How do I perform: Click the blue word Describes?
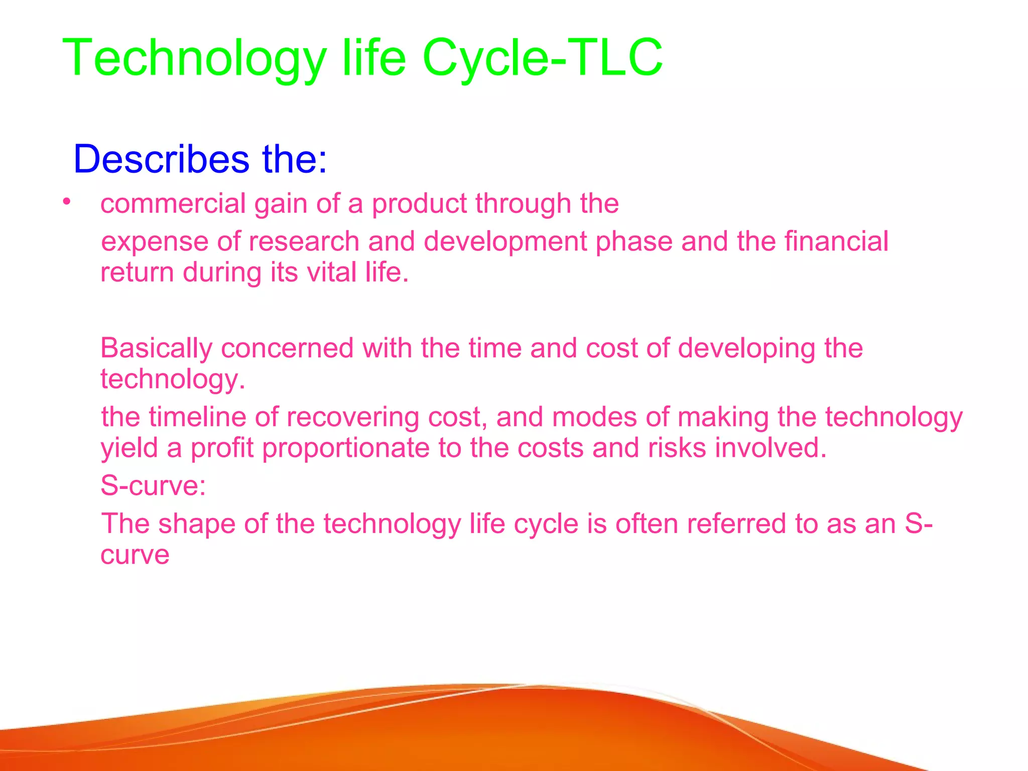[161, 160]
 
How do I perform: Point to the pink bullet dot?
[66, 202]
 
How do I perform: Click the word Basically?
[156, 348]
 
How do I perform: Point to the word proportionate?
[346, 449]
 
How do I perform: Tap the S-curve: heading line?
[153, 486]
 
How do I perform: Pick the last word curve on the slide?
[135, 555]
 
